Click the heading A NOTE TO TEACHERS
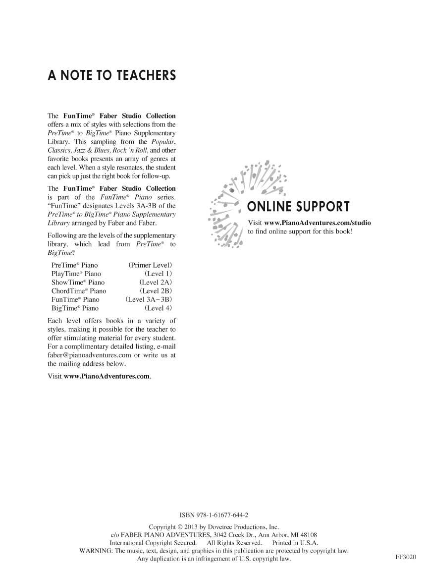click(111, 76)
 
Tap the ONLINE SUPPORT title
click(298, 207)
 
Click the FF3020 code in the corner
click(406, 557)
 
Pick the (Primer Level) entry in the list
click(150, 265)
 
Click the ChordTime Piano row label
click(79, 291)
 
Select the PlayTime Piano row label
click(76, 274)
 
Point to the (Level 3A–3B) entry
click(149, 299)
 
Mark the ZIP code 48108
click(307, 535)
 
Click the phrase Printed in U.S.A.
click(295, 543)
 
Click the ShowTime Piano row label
click(78, 282)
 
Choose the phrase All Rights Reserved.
click(234, 543)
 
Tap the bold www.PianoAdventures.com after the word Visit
click(107, 376)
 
